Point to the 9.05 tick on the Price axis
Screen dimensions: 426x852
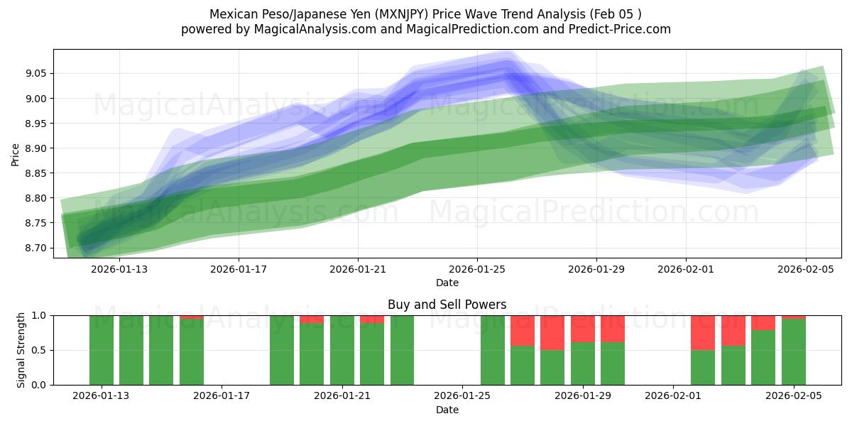pos(36,74)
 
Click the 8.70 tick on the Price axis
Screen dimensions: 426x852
pos(36,248)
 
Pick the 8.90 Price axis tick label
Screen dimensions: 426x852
pos(36,148)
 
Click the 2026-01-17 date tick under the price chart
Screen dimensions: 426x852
pos(239,269)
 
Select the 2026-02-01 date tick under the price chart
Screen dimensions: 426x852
pos(685,269)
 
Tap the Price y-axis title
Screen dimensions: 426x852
pos(16,153)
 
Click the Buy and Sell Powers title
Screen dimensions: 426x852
pos(447,305)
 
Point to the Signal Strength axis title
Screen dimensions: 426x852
pos(21,350)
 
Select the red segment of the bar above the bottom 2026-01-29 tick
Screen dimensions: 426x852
pos(583,329)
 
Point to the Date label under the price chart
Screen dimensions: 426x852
pos(447,283)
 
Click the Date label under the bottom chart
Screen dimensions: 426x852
pos(447,410)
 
